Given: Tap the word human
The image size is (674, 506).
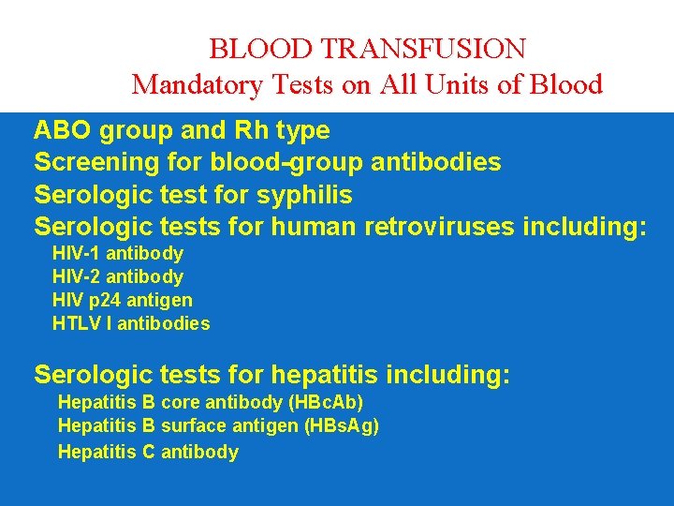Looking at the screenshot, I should coord(313,228).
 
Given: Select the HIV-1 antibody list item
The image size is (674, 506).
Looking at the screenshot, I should coord(118,254).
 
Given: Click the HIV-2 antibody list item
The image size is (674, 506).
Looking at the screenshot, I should coord(118,277).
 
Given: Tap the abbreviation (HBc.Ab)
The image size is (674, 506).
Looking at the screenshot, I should coord(326,403).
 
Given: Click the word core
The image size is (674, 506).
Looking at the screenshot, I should coord(180,403).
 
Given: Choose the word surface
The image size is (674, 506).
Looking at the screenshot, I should coord(193,426).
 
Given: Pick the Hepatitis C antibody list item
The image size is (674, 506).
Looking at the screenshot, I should coord(148,453).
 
